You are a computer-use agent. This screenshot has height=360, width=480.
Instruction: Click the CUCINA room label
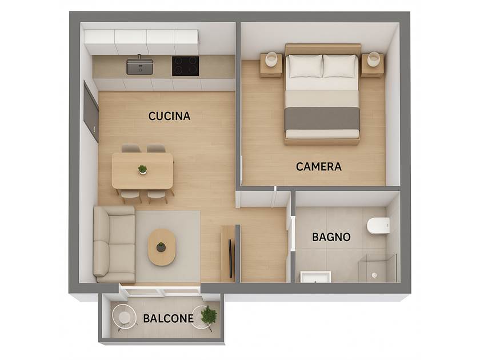pos(169,116)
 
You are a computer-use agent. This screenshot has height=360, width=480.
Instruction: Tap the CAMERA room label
pos(319,166)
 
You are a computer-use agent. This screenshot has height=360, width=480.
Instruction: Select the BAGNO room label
pos(331,237)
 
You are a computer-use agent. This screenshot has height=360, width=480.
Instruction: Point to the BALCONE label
pos(168,318)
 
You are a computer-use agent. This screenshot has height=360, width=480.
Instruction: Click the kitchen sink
pos(139,66)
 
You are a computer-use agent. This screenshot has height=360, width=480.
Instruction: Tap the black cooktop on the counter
pos(186,66)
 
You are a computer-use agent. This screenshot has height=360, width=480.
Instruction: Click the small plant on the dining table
pos(142,169)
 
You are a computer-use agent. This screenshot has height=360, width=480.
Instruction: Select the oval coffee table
pos(162,247)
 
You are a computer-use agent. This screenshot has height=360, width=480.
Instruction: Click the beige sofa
pos(114,244)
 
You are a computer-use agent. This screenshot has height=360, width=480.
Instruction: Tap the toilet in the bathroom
pos(378,226)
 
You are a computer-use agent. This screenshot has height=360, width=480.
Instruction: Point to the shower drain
pos(374,275)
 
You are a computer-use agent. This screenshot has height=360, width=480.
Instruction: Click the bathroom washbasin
pos(315,277)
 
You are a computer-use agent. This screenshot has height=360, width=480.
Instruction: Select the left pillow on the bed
pos(304,66)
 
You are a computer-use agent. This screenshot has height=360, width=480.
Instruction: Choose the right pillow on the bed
pos(341,66)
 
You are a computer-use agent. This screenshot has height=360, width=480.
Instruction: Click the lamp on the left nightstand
pos(271,59)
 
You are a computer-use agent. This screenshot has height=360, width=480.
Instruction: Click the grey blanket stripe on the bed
pos(322,118)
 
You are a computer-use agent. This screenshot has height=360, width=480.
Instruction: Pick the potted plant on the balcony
pos(209,314)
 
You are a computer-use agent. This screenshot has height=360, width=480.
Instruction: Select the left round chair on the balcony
pos(123,317)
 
